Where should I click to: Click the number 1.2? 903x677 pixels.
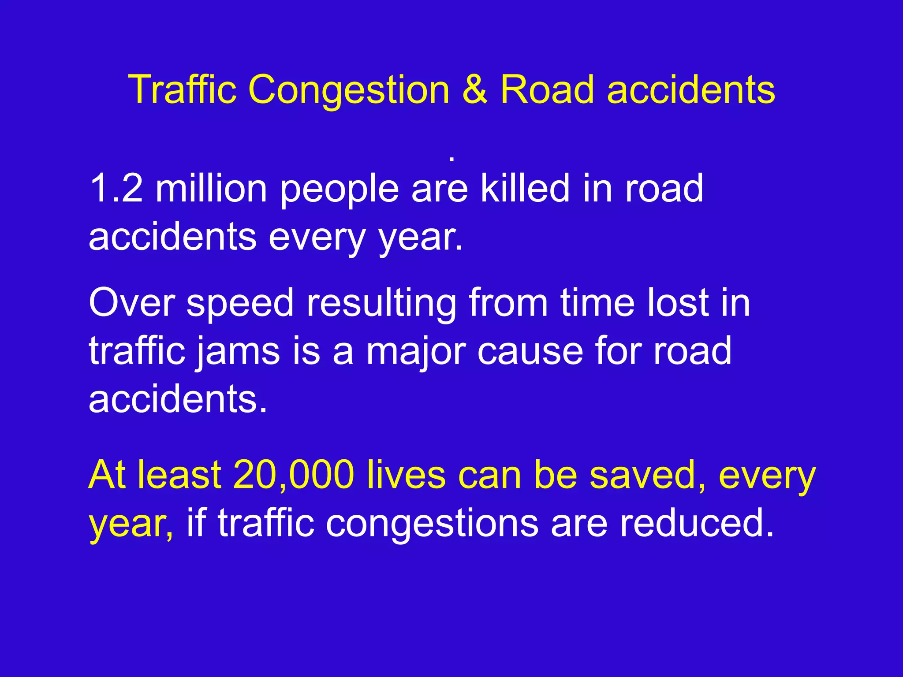point(116,188)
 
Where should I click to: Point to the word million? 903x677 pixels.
point(212,188)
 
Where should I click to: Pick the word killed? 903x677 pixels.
point(525,188)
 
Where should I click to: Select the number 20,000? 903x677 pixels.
point(294,475)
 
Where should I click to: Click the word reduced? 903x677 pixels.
point(696,523)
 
